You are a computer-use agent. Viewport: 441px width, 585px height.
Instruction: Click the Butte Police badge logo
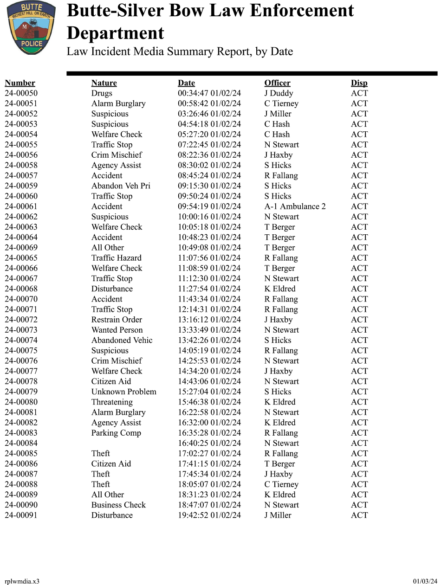coord(31,28)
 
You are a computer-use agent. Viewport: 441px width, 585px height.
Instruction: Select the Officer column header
coord(277,83)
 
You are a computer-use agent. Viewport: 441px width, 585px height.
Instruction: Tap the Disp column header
coord(359,83)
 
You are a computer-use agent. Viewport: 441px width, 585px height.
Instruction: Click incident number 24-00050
coord(21,93)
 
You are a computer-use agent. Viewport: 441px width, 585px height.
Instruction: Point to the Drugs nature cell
coord(102,93)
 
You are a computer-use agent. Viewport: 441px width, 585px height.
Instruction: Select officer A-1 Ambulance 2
coord(295,206)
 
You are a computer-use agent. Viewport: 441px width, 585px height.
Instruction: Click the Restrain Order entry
coord(117,320)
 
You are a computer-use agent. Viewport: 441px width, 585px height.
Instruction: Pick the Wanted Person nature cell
coord(117,330)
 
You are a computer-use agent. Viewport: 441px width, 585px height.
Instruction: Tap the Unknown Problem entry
coord(123,392)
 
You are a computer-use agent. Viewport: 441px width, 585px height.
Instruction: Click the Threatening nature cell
coord(112,402)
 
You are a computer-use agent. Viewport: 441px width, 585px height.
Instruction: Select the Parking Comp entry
coord(116,433)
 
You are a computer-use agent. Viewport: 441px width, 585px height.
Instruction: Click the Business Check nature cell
coord(118,505)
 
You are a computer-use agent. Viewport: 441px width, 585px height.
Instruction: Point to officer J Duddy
coord(279,93)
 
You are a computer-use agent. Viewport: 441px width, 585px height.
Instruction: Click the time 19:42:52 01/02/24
coord(209,515)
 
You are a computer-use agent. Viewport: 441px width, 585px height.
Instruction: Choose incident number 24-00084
coord(21,443)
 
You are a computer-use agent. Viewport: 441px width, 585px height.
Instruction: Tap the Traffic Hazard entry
coord(117,258)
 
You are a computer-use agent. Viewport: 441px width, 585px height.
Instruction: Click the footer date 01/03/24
coord(425,581)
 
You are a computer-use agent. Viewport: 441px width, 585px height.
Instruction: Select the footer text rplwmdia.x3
coord(22,581)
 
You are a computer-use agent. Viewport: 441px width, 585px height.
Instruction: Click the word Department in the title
coord(116,33)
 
